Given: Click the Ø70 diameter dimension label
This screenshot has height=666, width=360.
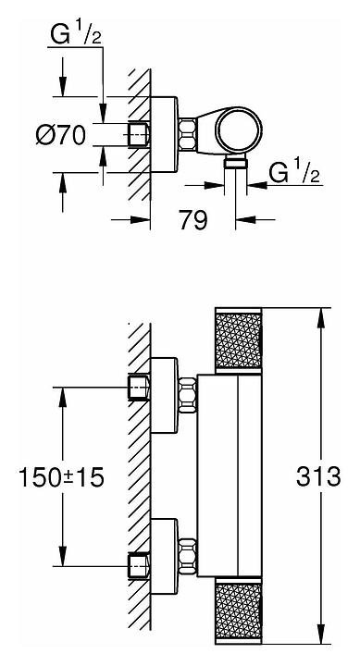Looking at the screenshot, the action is click(61, 136).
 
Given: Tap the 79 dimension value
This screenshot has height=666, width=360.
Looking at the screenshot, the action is click(193, 220).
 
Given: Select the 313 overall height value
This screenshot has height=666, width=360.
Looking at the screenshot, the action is click(318, 476).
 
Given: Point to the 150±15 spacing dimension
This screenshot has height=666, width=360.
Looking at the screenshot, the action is click(61, 477).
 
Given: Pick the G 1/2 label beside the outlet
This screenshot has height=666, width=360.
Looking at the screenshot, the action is click(294, 173).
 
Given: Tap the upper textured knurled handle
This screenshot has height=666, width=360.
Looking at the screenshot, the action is click(239, 340).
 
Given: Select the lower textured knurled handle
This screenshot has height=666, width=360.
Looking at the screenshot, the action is click(239, 611).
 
